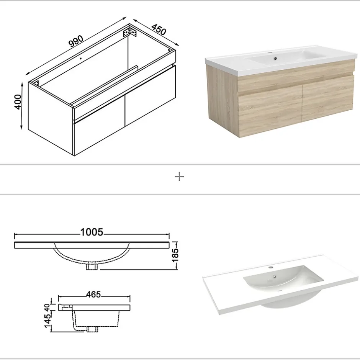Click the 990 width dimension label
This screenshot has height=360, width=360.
pos(77,41)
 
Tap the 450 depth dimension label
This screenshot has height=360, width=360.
pos(159,29)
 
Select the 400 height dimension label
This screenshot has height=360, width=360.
pos(18,102)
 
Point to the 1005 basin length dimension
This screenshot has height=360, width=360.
pos(92,232)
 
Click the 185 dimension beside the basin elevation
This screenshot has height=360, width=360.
pos(175,255)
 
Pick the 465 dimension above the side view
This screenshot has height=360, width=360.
pos(93,295)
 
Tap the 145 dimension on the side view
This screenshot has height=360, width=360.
pos(48,319)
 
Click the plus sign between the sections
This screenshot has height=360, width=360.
pos(179,177)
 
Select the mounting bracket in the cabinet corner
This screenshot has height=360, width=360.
pos(130,32)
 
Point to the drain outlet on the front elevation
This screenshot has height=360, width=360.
pos(92,267)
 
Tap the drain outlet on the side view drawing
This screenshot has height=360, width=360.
pos(92,329)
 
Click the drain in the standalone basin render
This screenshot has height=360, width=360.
pos(274,277)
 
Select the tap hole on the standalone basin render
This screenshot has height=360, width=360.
pos(271,267)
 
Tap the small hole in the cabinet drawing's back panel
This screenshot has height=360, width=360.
pos(80,58)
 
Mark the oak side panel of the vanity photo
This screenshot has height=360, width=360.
pos(223,99)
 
